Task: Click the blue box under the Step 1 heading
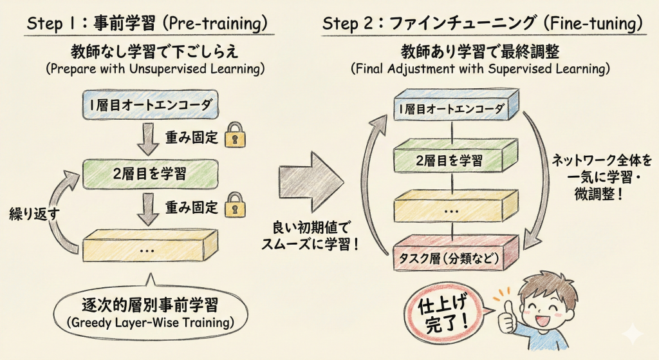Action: [x=148, y=104]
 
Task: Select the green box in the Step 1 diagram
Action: [x=148, y=172]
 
